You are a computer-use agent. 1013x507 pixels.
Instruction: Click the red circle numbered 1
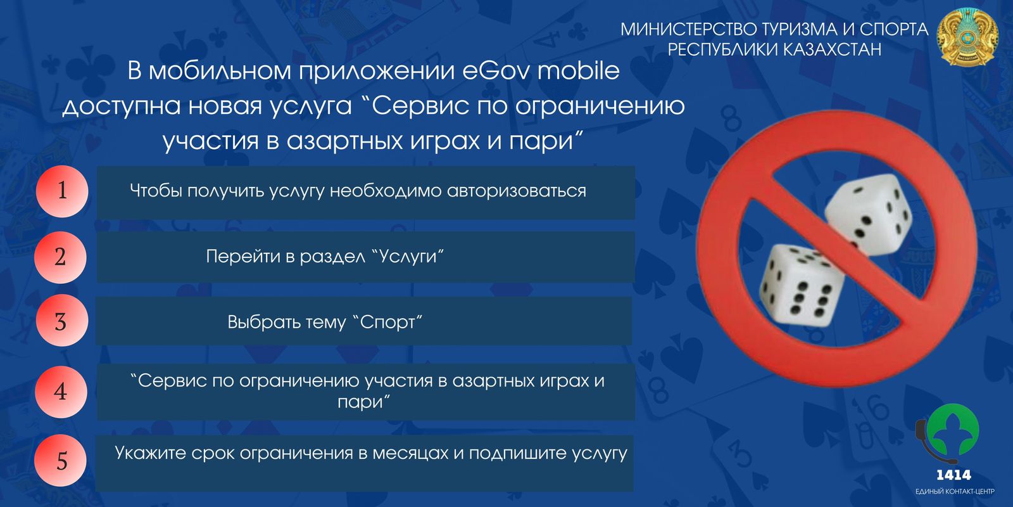pyautogui.click(x=62, y=191)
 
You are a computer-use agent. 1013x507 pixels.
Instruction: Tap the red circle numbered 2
pyautogui.click(x=60, y=257)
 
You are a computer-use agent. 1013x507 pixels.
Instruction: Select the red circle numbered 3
pyautogui.click(x=61, y=321)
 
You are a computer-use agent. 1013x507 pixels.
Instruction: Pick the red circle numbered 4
pyautogui.click(x=61, y=392)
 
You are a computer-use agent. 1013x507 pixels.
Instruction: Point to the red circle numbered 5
pyautogui.click(x=61, y=460)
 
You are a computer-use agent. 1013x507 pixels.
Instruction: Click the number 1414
pyautogui.click(x=953, y=475)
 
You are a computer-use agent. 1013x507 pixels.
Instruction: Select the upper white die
pyautogui.click(x=867, y=214)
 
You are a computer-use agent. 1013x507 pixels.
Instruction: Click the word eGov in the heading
pyautogui.click(x=495, y=71)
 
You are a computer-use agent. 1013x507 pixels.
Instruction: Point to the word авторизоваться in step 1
pyautogui.click(x=517, y=191)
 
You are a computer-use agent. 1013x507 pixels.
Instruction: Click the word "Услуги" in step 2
pyautogui.click(x=408, y=257)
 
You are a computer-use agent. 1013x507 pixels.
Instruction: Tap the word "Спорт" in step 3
pyautogui.click(x=387, y=323)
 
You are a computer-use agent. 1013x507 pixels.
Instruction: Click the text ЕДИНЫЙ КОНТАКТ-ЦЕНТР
pyautogui.click(x=955, y=492)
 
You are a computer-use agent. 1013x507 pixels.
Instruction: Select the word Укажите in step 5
pyautogui.click(x=149, y=452)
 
